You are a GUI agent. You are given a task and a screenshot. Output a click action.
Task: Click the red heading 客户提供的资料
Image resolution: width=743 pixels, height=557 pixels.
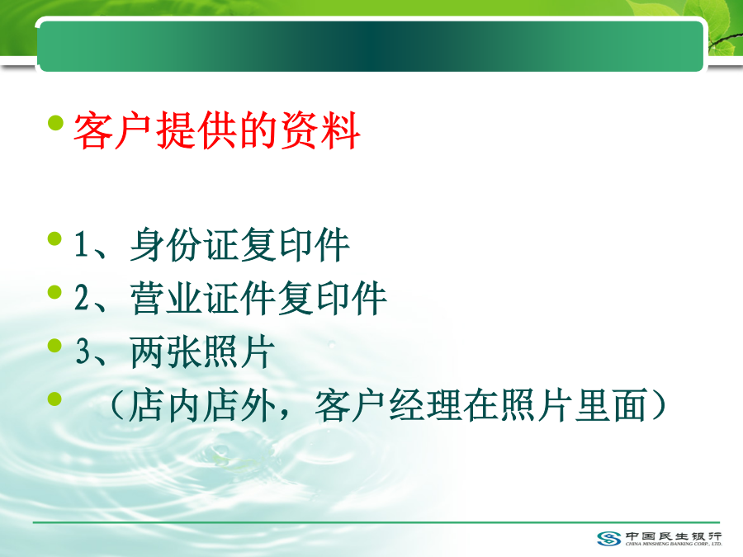(x=217, y=131)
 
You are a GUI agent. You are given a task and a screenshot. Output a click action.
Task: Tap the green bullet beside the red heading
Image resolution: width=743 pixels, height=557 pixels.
(x=55, y=123)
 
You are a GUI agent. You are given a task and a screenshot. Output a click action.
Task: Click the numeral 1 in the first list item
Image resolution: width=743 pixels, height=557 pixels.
(x=81, y=244)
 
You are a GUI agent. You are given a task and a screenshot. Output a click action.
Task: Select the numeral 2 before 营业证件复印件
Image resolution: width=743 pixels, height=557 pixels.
(x=82, y=297)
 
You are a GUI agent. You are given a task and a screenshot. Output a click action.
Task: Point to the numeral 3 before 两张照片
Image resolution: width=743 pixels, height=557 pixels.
(x=83, y=351)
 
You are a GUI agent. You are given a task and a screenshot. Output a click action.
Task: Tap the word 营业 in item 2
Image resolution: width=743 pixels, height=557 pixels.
(x=167, y=298)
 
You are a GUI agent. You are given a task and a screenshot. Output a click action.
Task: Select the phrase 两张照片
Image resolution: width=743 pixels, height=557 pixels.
(x=203, y=352)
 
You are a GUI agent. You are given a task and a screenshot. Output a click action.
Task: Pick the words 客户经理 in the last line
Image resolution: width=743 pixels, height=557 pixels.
(x=389, y=405)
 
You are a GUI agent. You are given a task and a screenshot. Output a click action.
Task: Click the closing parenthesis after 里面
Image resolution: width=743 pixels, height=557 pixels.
(x=659, y=405)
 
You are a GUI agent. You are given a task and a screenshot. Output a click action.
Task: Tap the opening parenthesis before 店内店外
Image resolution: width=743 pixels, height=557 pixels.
(x=116, y=405)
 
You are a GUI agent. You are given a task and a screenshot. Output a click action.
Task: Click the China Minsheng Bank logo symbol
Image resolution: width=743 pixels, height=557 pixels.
(x=609, y=538)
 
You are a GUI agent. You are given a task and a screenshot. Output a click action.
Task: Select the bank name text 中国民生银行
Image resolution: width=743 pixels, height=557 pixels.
(x=674, y=536)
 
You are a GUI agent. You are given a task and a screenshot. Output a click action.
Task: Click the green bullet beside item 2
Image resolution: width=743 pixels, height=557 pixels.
(x=55, y=292)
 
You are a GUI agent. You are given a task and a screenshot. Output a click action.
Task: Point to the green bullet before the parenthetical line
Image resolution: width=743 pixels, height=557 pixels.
(x=55, y=399)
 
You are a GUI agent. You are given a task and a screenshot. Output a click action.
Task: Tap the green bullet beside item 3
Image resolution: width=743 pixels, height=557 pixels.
(x=55, y=345)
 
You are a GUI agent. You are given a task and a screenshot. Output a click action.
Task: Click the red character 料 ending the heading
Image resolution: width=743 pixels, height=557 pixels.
(x=341, y=131)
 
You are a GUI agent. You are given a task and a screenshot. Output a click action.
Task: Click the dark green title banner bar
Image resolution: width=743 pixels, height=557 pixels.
(x=371, y=46)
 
